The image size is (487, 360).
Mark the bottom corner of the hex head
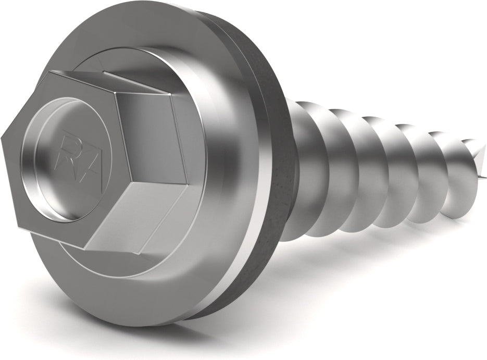(x=85, y=249)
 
